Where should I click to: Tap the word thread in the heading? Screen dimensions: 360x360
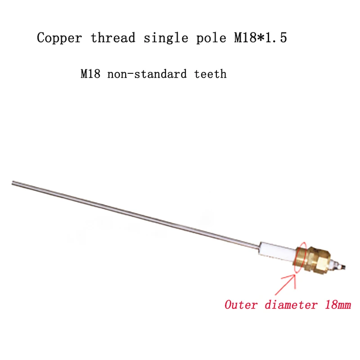(x=112, y=38)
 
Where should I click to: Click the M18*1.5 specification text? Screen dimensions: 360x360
(x=260, y=38)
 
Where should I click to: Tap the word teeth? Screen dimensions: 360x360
(x=210, y=74)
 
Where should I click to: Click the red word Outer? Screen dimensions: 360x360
(x=241, y=305)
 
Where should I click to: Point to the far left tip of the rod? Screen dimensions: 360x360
(x=13, y=182)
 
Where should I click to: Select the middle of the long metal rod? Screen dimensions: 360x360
(x=135, y=214)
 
